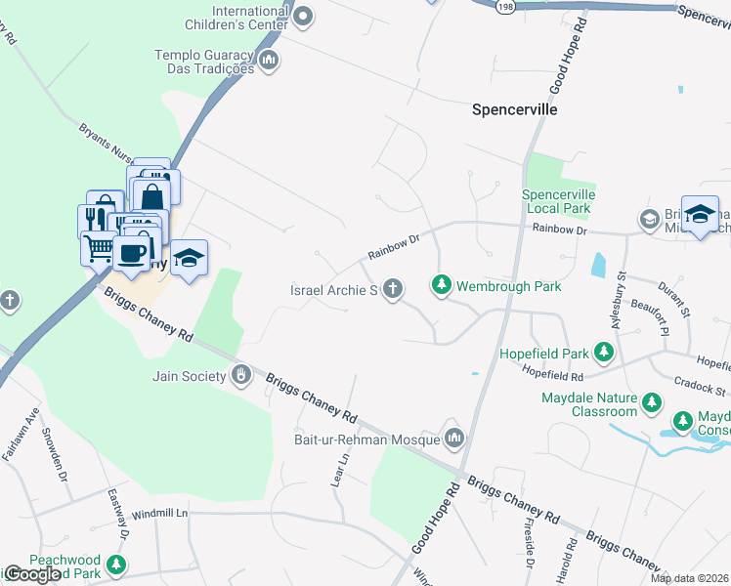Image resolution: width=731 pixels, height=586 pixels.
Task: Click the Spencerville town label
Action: tap(514, 109)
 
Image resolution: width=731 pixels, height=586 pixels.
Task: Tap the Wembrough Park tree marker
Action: tap(442, 285)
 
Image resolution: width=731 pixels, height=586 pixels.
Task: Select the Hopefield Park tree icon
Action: tap(605, 352)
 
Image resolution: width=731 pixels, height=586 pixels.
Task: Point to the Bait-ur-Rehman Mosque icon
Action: tap(452, 439)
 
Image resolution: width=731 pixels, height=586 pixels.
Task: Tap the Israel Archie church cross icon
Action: tap(393, 289)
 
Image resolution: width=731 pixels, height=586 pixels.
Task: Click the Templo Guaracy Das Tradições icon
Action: tap(270, 62)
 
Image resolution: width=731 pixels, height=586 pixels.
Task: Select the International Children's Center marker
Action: tap(303, 16)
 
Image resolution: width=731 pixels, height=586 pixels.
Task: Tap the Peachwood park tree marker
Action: tap(116, 565)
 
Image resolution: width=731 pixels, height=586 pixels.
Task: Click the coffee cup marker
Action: tap(132, 252)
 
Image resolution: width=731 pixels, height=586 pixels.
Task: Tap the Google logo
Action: tap(32, 574)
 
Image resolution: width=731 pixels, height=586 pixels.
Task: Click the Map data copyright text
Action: tap(689, 578)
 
